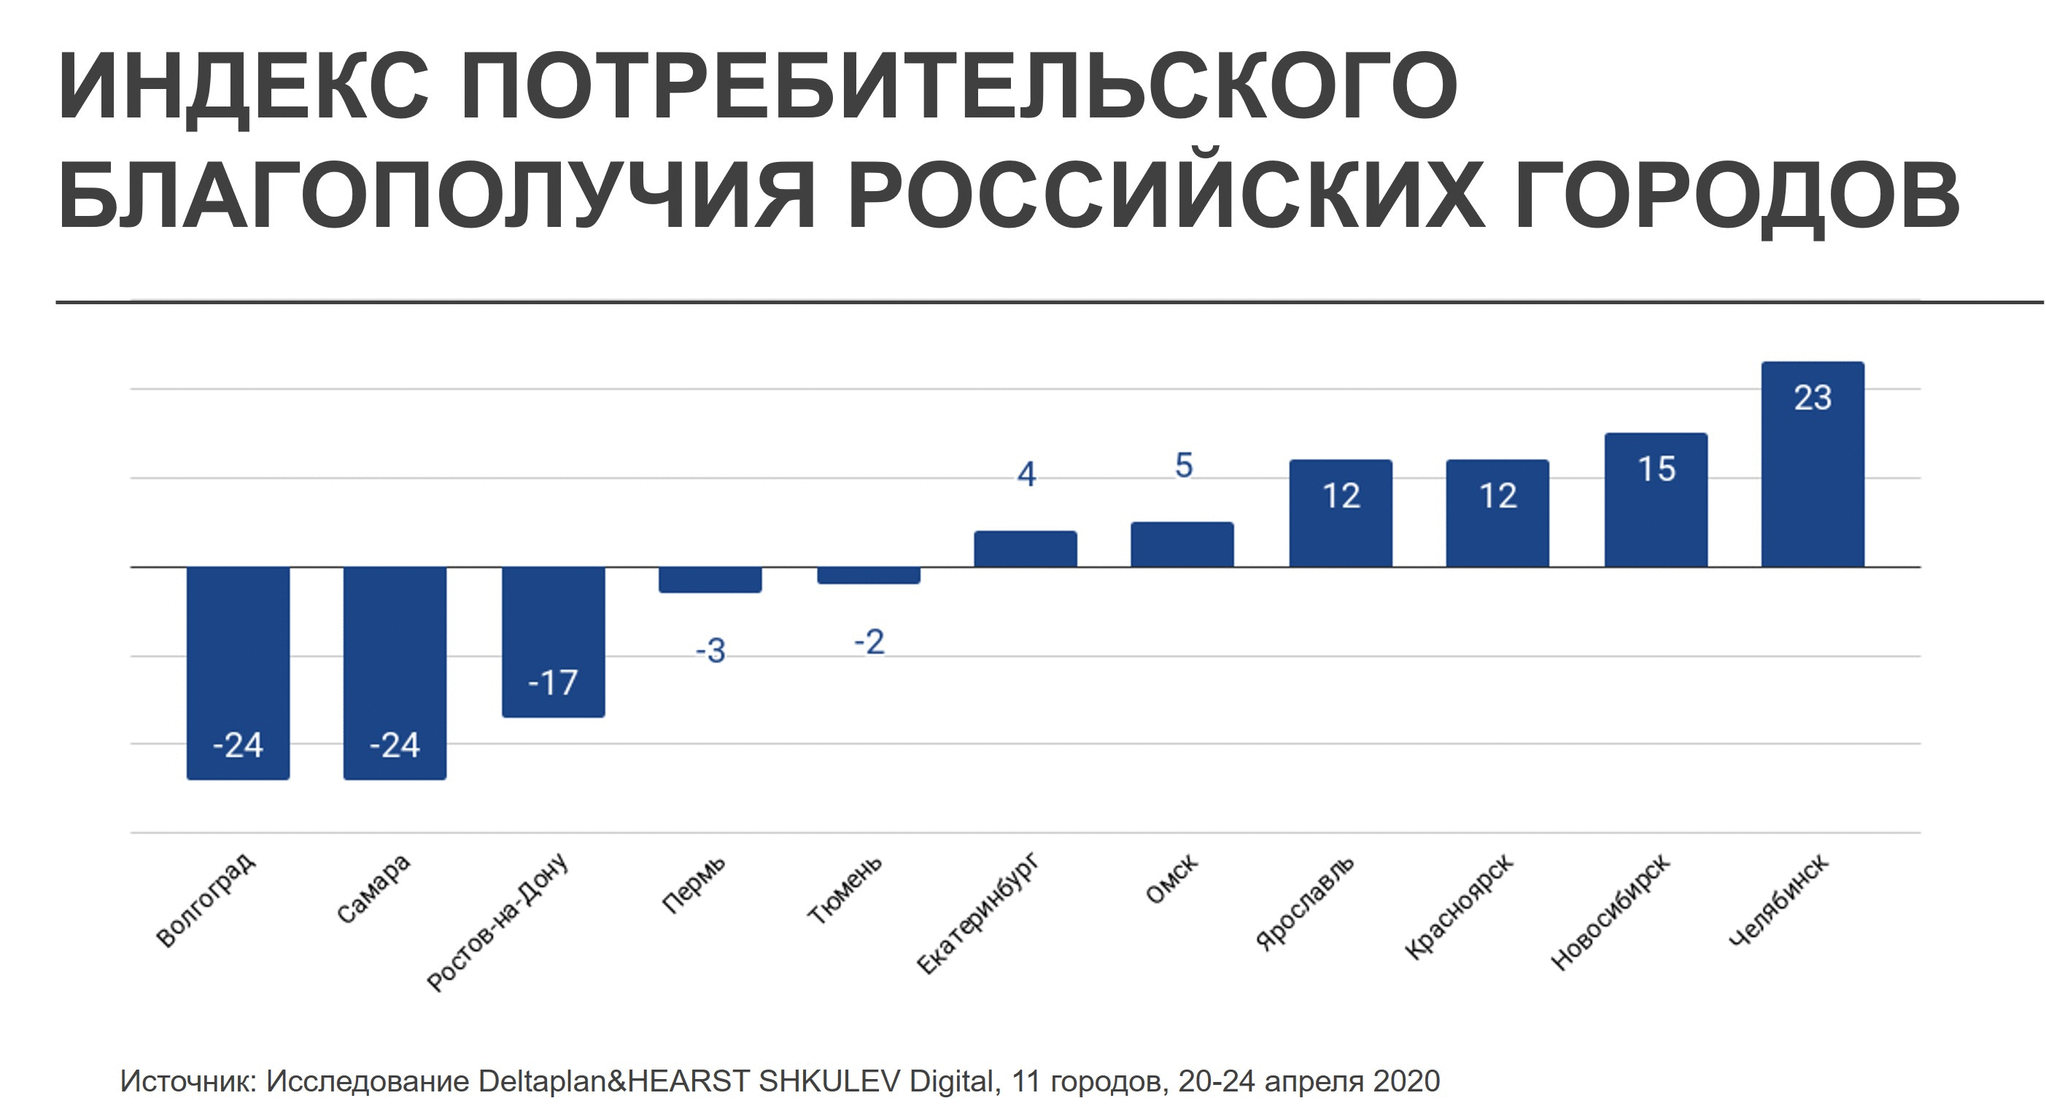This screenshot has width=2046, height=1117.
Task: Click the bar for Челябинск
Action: (1813, 476)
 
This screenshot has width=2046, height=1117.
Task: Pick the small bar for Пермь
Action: (710, 580)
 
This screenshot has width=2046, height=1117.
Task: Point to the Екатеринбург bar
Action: (1026, 550)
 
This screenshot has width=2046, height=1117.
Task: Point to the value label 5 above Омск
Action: (1183, 465)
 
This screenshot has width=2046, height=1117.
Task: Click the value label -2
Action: (869, 642)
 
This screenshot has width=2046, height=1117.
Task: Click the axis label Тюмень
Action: (844, 891)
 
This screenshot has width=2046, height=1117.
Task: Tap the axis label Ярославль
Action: (1305, 903)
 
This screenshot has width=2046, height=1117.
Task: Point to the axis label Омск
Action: (1171, 881)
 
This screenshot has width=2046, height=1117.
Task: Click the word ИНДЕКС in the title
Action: (243, 87)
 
